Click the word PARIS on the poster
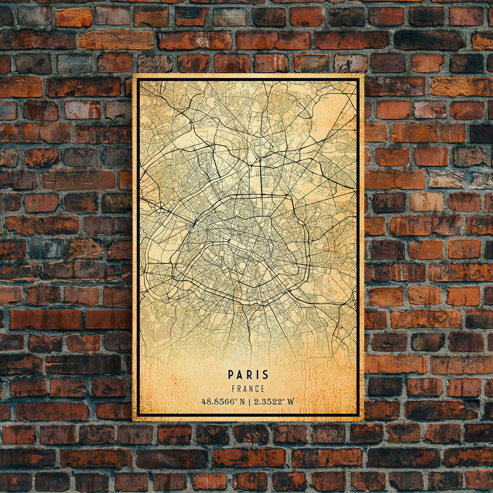tap(248, 374)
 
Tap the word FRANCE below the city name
tap(248, 389)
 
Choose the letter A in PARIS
tap(240, 374)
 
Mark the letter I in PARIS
tap(257, 374)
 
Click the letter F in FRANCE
tap(234, 389)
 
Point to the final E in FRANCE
tap(263, 389)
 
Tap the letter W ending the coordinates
tap(291, 402)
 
